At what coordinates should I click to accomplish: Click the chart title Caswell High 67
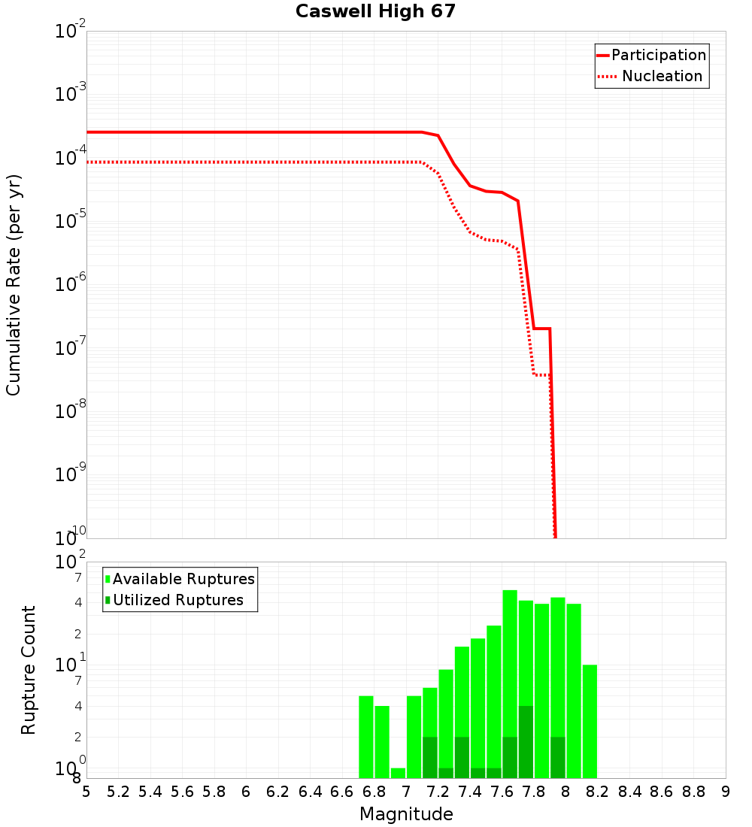[x=375, y=12]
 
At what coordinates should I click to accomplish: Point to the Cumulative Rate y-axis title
[x=14, y=285]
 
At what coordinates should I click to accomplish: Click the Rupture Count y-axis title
[x=29, y=670]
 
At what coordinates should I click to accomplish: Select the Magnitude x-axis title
[x=406, y=814]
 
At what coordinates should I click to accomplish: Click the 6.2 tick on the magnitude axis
[x=278, y=792]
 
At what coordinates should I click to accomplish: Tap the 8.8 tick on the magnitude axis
[x=693, y=792]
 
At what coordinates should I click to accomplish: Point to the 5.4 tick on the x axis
[x=150, y=792]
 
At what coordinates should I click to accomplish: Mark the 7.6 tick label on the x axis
[x=502, y=792]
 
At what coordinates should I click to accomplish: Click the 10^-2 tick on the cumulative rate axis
[x=71, y=32]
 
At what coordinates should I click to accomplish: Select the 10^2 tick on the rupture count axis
[x=71, y=562]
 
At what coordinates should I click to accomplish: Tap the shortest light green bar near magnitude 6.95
[x=398, y=773]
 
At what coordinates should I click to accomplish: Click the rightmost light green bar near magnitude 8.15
[x=590, y=721]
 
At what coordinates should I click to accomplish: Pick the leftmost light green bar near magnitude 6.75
[x=366, y=737]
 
